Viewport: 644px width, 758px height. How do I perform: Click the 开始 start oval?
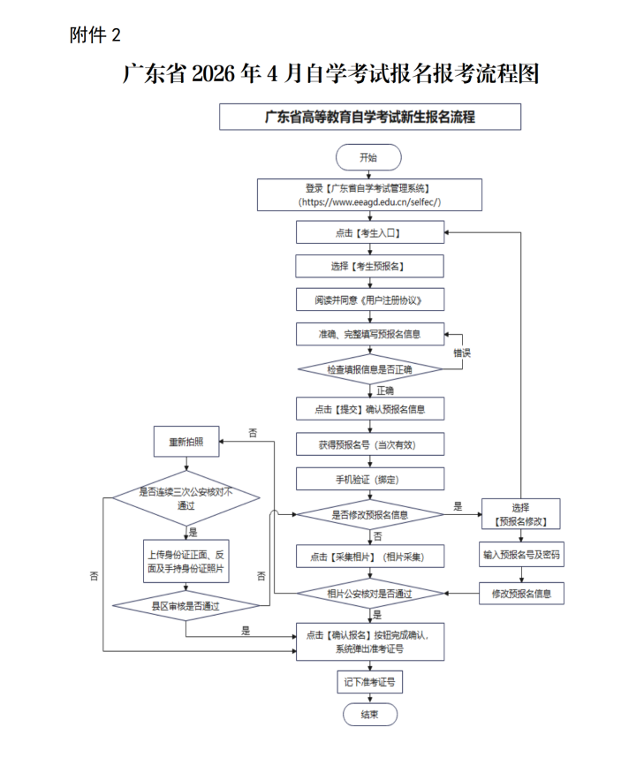[x=368, y=157]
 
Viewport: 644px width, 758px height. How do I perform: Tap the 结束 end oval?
[x=369, y=715]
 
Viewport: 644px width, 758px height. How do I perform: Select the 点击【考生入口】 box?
[x=369, y=232]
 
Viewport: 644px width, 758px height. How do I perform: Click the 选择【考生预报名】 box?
[x=369, y=266]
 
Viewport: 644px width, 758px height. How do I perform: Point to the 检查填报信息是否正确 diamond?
[x=369, y=368]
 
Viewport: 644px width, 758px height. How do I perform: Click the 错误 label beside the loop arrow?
[x=462, y=352]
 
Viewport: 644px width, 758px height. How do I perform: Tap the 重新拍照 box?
[x=186, y=441]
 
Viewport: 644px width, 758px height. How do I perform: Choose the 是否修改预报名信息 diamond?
[x=369, y=514]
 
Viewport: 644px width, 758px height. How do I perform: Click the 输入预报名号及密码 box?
[x=521, y=556]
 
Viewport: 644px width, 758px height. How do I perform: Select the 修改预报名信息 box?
[x=521, y=594]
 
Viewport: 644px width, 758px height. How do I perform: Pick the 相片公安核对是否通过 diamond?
[x=369, y=594]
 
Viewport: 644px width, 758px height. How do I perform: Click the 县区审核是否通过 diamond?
[x=186, y=606]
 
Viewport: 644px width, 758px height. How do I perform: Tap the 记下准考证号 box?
[x=369, y=682]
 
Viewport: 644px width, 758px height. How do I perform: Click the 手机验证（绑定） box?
[x=369, y=479]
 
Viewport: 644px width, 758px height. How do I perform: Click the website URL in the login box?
[x=369, y=202]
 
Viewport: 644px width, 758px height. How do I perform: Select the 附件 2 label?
[x=94, y=35]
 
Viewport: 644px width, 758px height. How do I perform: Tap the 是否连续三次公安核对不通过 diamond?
[x=186, y=498]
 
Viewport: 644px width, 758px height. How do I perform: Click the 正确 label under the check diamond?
[x=385, y=390]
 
